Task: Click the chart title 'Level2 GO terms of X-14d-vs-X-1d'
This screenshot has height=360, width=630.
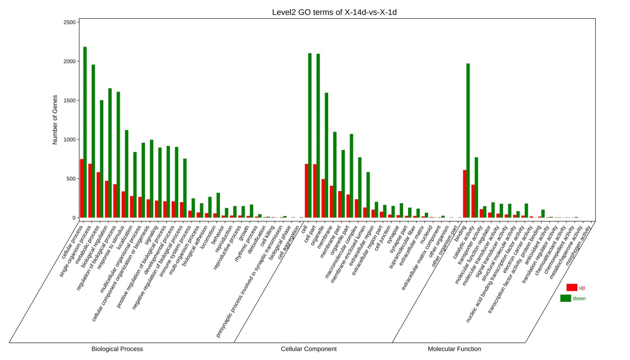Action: (334, 12)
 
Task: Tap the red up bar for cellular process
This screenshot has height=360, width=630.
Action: (81, 188)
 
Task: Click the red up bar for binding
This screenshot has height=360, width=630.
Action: (464, 194)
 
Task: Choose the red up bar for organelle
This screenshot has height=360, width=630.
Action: (323, 198)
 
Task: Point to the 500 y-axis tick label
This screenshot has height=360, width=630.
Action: (70, 179)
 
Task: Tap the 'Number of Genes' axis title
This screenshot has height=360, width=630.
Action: (55, 120)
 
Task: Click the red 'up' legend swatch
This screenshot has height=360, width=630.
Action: (571, 288)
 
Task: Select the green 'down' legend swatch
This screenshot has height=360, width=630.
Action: (565, 298)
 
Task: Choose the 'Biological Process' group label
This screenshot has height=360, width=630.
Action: (117, 349)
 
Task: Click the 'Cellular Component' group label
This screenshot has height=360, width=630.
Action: (308, 349)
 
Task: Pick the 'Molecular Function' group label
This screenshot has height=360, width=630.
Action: (454, 349)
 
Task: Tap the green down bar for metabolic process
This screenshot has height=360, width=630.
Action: (102, 159)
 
